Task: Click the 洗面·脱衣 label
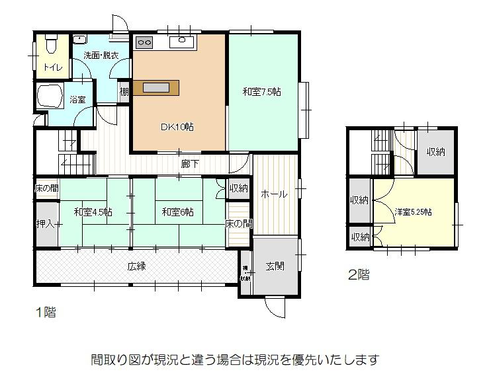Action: coord(101,56)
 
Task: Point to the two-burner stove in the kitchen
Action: coord(144,43)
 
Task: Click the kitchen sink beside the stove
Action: coord(181,42)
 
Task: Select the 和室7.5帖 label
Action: coord(261,92)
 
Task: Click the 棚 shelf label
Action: coord(124,92)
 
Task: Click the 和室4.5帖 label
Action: coord(93,212)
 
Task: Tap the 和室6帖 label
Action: coord(178,212)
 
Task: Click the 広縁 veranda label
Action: coord(136,266)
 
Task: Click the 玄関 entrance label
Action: coord(275,266)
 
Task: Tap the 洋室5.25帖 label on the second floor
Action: coord(414,212)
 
